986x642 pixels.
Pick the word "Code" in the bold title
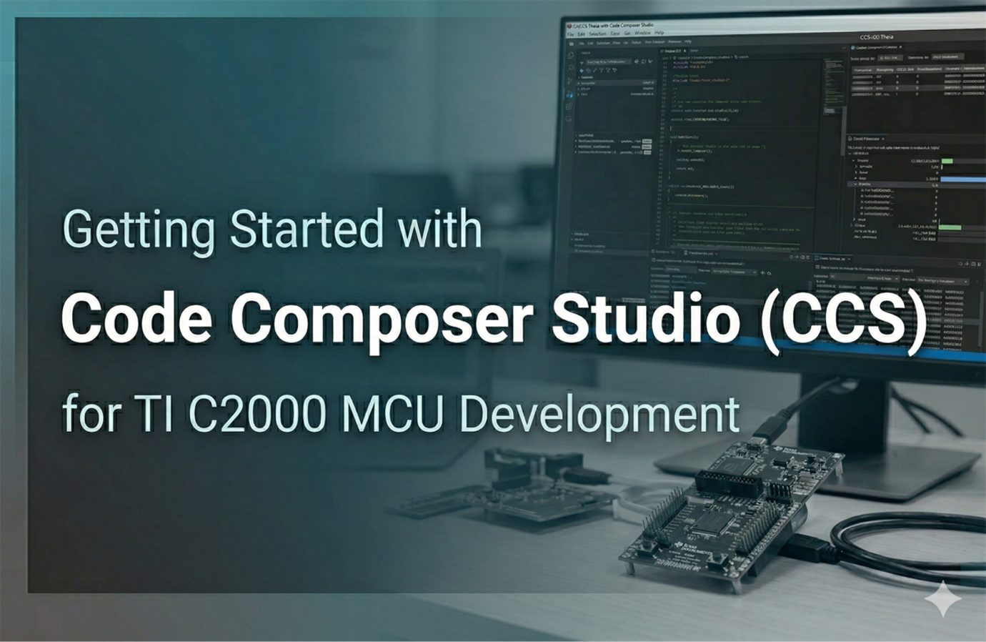(136, 318)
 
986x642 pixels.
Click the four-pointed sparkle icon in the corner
(942, 598)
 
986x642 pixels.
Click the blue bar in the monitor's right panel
(961, 179)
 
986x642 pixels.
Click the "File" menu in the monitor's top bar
(571, 34)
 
